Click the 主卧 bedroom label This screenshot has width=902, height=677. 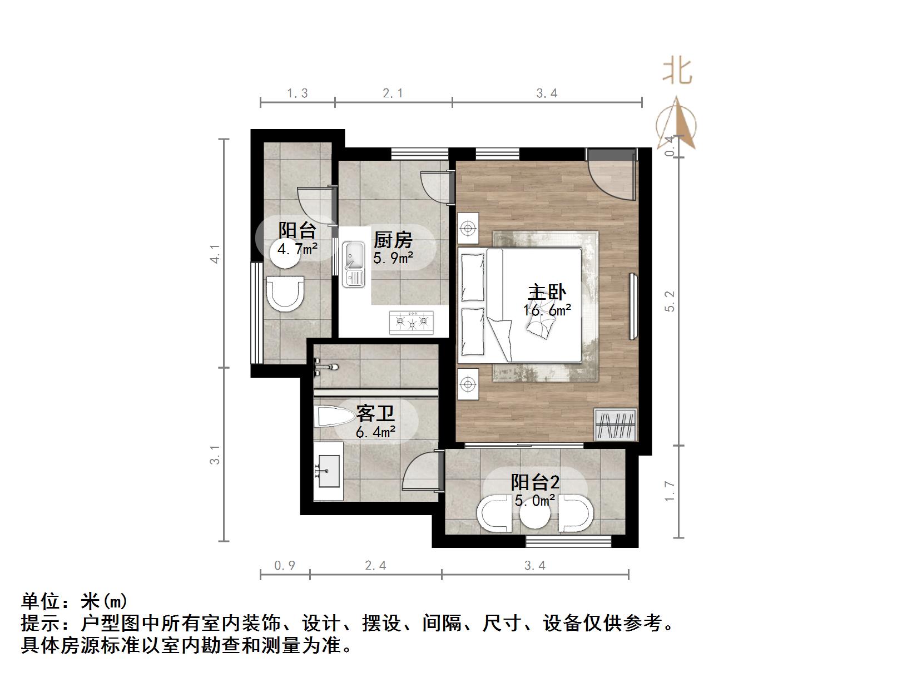point(547,293)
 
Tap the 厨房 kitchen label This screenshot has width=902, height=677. point(393,240)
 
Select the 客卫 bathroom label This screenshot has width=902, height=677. point(375,414)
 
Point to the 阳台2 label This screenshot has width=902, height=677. point(535,482)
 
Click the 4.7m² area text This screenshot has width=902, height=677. point(297,249)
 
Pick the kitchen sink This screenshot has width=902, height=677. point(353,264)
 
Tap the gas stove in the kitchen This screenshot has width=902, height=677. point(412,322)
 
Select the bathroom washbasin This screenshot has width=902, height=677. point(328,471)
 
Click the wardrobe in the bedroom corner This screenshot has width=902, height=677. point(615,424)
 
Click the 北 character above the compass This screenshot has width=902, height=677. point(677,72)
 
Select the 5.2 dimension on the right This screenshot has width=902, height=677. point(670,301)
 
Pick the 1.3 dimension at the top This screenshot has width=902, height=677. point(298,93)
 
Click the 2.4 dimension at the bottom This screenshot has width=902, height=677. point(375,566)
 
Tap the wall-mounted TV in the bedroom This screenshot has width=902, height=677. point(633,306)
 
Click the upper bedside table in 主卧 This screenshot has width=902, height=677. point(468,228)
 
